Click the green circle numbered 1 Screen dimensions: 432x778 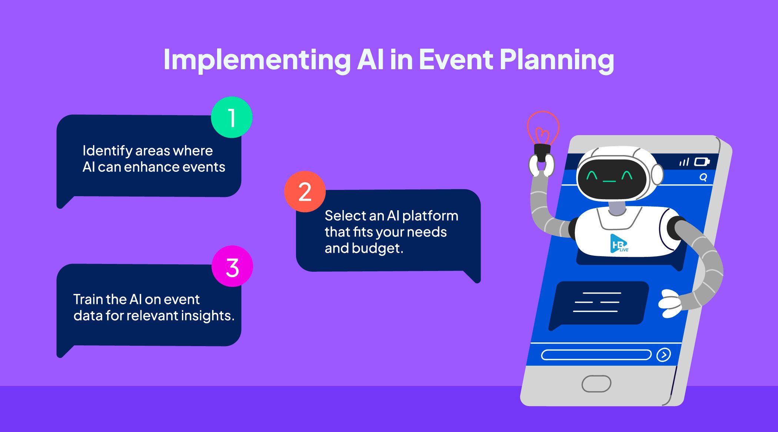pyautogui.click(x=232, y=118)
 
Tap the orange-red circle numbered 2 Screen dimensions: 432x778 pyautogui.click(x=305, y=192)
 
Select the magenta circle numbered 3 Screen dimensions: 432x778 pyautogui.click(x=232, y=267)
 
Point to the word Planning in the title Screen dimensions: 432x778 pyautogui.click(x=556, y=60)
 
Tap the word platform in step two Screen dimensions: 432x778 pyautogui.click(x=430, y=216)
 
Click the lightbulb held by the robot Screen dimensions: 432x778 pyautogui.click(x=543, y=130)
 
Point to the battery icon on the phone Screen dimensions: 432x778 pyautogui.click(x=701, y=162)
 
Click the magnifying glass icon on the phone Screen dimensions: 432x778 pyautogui.click(x=703, y=177)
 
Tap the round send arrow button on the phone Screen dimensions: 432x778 pyautogui.click(x=663, y=355)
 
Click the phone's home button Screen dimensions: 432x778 pyautogui.click(x=596, y=384)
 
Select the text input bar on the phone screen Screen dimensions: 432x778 pyautogui.click(x=596, y=355)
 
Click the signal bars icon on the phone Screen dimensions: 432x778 pyautogui.click(x=684, y=162)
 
